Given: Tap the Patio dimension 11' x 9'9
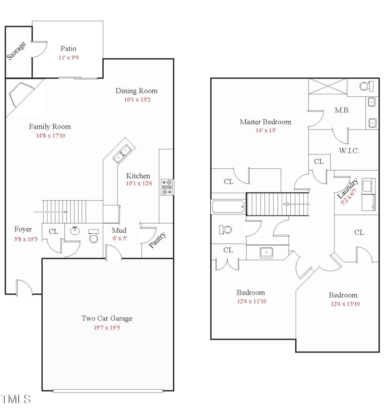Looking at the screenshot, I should point(68,57).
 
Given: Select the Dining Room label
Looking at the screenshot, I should point(136,91).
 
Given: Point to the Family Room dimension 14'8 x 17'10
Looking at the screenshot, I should point(50,136).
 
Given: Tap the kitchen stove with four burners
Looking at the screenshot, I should point(168,187).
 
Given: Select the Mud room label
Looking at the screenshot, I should point(119,230).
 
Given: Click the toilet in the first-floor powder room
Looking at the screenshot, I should point(94,237).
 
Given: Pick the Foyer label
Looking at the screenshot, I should point(23,229).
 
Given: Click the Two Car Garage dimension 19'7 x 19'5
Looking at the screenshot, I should point(107,327).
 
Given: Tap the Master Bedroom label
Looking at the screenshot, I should point(265,122).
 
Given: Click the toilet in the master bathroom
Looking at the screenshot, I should point(367,86).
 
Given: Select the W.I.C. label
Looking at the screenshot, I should point(349,151).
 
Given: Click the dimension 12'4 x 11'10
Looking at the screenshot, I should point(251,302).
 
